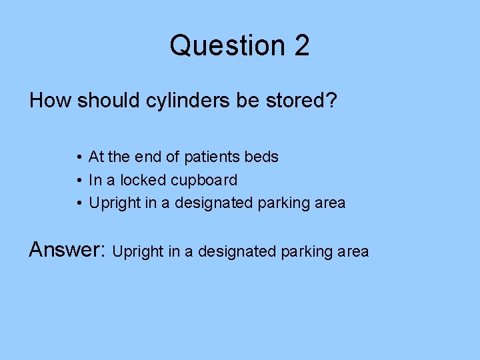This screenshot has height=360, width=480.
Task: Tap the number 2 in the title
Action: pyautogui.click(x=301, y=45)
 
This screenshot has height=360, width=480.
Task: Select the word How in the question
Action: pyautogui.click(x=51, y=101)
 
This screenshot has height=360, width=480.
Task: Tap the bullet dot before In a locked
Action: pyautogui.click(x=79, y=181)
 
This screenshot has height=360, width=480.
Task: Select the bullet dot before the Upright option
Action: pyautogui.click(x=79, y=203)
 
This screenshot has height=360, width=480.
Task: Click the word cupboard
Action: pyautogui.click(x=204, y=181)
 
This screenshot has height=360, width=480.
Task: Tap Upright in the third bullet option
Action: pyautogui.click(x=114, y=203)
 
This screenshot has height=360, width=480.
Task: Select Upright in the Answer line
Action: pyautogui.click(x=139, y=252)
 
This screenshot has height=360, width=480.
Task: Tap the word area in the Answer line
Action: pyautogui.click(x=353, y=252)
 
